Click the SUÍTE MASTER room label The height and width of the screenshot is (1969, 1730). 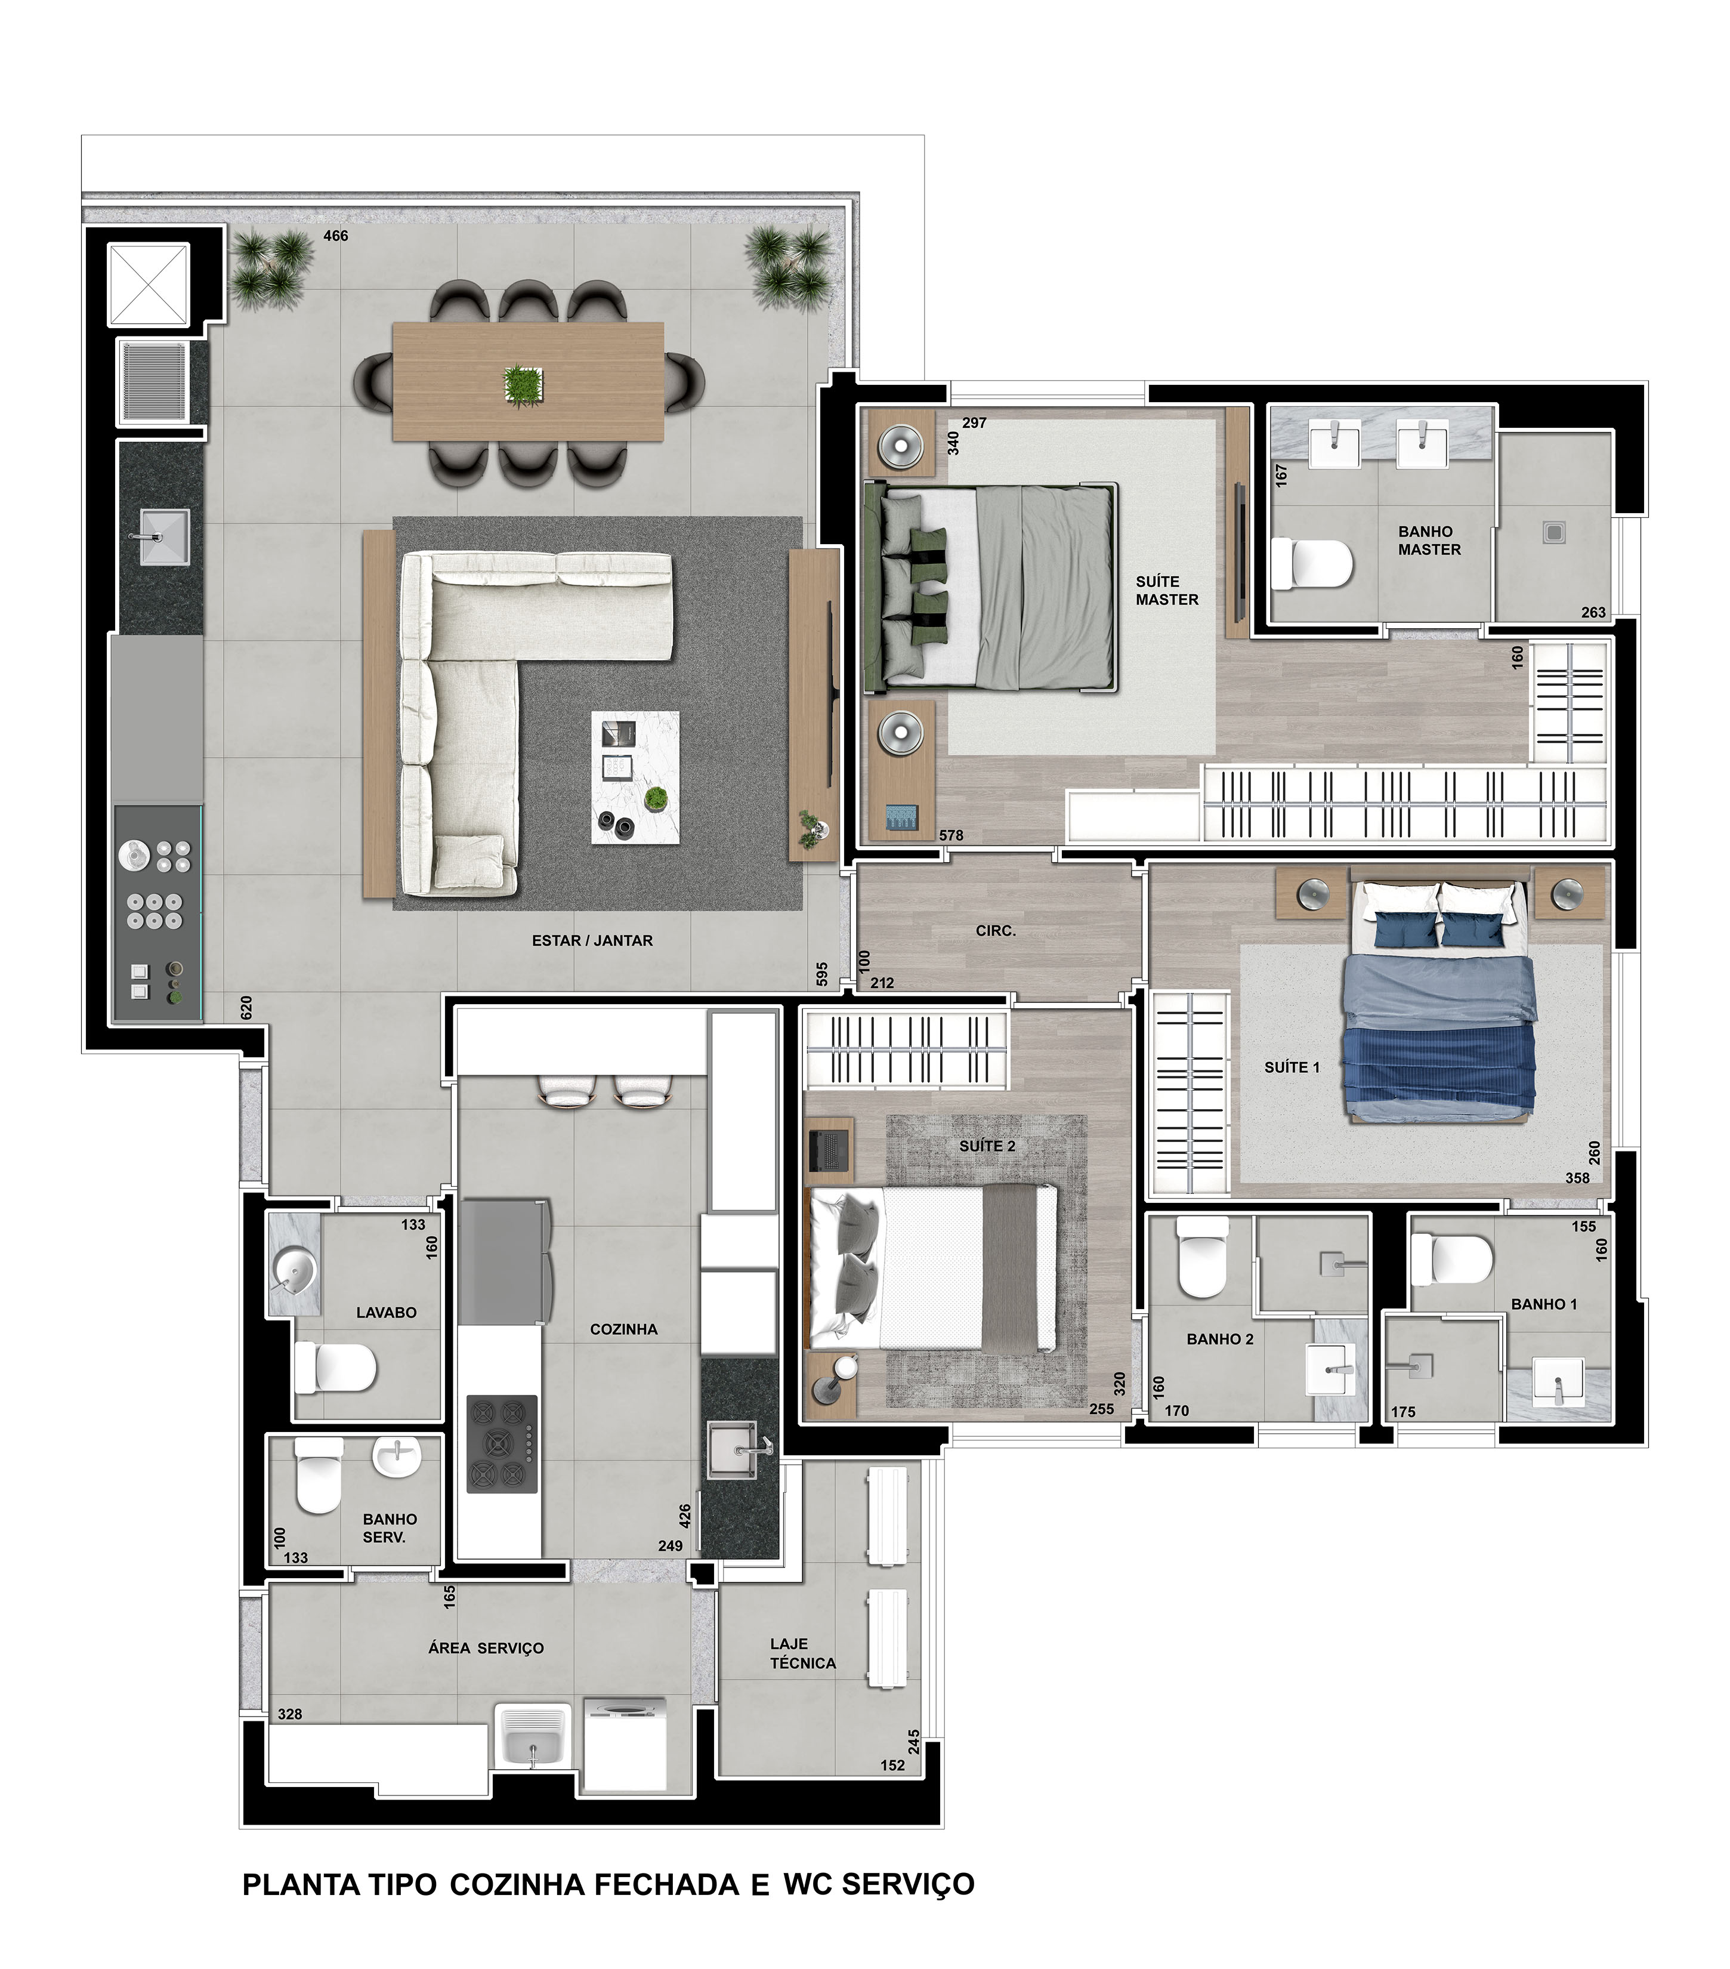coord(1166,591)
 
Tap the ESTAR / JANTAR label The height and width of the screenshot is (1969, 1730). coord(592,940)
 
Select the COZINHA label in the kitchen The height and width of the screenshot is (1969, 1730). coord(623,1329)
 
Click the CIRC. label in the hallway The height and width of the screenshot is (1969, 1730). coord(996,931)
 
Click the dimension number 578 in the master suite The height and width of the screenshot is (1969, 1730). coord(951,835)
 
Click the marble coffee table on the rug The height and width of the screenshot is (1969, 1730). coord(635,777)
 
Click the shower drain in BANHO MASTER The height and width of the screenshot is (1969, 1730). coord(1553,531)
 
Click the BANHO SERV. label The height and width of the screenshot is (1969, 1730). coord(389,1528)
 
